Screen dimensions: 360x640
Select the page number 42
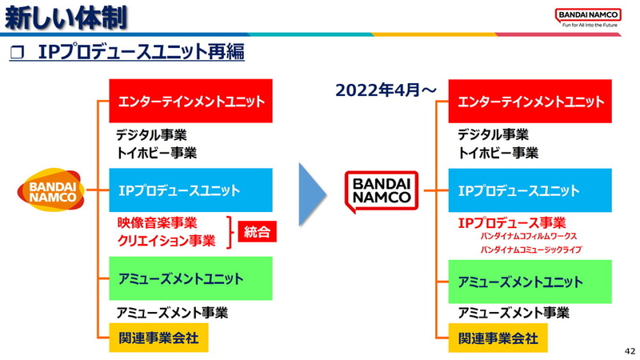[x=628, y=351]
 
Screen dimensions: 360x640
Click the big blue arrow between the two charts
[x=313, y=194]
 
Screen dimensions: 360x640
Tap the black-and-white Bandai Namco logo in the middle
[x=381, y=190]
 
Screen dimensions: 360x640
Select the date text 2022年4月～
[x=386, y=90]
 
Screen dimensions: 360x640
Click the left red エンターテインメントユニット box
[x=190, y=102]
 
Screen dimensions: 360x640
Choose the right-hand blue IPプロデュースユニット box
[x=530, y=190]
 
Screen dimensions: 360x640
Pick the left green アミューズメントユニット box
[x=190, y=278]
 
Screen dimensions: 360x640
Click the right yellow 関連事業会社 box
[x=498, y=338]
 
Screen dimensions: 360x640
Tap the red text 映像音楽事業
[x=157, y=223]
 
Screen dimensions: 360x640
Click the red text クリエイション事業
[x=166, y=241]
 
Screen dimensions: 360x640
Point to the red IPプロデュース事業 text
[x=511, y=223]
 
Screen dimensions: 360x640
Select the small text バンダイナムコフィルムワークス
[x=528, y=237]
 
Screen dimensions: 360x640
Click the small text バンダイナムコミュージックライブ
[x=531, y=250]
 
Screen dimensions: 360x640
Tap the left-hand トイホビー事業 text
[x=156, y=152]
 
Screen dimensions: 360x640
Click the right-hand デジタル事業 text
[x=493, y=135]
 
